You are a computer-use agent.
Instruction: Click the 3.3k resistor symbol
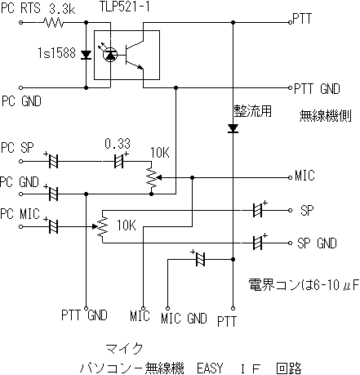tap(54, 22)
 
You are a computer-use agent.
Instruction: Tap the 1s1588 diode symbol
tap(87, 55)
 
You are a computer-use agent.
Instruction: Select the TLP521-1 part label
tap(125, 7)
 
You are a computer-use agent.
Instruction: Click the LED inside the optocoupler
tap(110, 55)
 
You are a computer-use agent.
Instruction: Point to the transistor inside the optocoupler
tap(134, 55)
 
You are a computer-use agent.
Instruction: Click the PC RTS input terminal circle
tap(20, 22)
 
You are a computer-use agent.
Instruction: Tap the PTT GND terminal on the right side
tap(290, 87)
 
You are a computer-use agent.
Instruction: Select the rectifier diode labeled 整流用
tap(233, 128)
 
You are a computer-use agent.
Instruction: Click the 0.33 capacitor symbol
tap(118, 161)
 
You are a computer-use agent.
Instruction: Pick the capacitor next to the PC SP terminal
tap(53, 161)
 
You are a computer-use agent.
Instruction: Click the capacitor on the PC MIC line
tap(53, 226)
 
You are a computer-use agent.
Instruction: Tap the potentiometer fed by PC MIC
tap(102, 226)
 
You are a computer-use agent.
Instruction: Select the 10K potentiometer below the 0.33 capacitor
tap(152, 178)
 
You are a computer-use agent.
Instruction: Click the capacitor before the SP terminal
tap(258, 210)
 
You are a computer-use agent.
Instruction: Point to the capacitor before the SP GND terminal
tap(258, 243)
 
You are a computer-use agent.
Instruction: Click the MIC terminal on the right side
tap(290, 177)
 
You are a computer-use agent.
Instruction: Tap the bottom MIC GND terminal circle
tap(167, 308)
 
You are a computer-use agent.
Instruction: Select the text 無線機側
tap(326, 116)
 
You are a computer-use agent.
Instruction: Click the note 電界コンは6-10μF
tap(304, 285)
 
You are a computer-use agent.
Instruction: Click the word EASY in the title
tap(210, 368)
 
